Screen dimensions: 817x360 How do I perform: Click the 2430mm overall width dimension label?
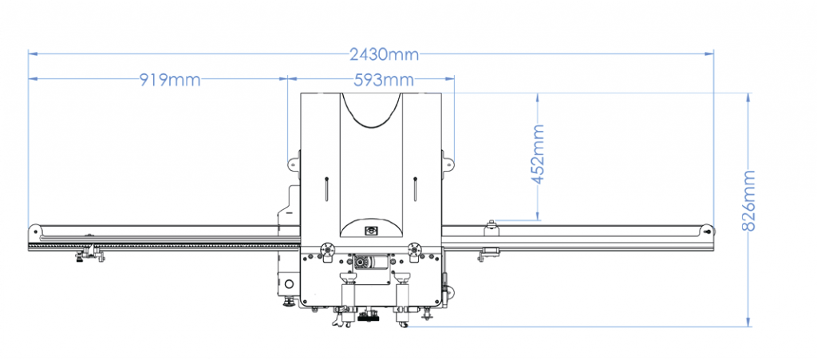385,53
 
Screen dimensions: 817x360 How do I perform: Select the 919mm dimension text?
170,80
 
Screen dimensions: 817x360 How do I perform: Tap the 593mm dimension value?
384,80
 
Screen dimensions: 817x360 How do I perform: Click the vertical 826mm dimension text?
748,201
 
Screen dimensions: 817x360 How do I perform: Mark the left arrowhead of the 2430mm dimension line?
32,53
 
